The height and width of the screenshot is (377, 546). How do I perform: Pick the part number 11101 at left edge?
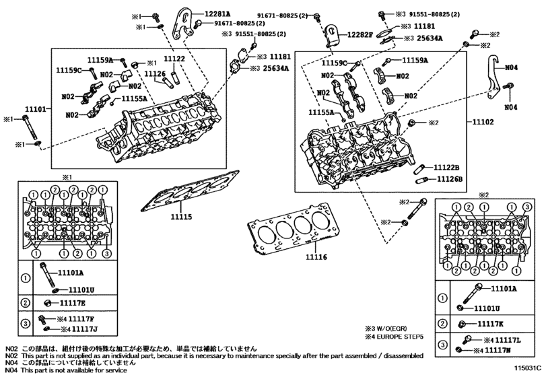tap(36, 108)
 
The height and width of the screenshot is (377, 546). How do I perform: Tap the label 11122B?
tap(446, 167)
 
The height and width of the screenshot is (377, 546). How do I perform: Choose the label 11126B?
tap(448, 180)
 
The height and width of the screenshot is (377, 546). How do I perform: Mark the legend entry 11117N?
tap(501, 351)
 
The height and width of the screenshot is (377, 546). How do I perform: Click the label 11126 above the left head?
tap(155, 73)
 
